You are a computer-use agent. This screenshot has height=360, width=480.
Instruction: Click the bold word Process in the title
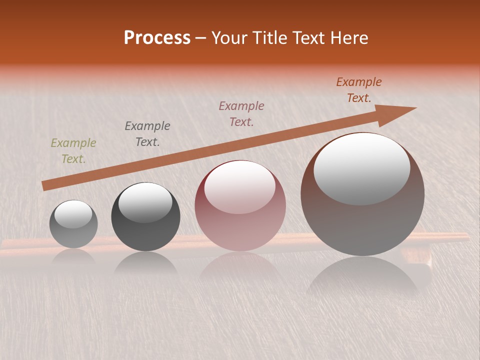[x=157, y=37]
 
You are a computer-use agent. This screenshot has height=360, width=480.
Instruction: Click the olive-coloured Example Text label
[x=73, y=151]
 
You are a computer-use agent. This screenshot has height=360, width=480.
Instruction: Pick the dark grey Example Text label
[x=147, y=133]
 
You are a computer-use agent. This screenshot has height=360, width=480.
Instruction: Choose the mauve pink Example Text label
[x=241, y=113]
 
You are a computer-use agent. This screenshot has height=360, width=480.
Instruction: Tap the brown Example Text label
[x=359, y=90]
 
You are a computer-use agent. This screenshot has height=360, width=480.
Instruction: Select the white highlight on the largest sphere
[x=361, y=168]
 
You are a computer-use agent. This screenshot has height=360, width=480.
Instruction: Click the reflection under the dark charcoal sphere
[x=145, y=262]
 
